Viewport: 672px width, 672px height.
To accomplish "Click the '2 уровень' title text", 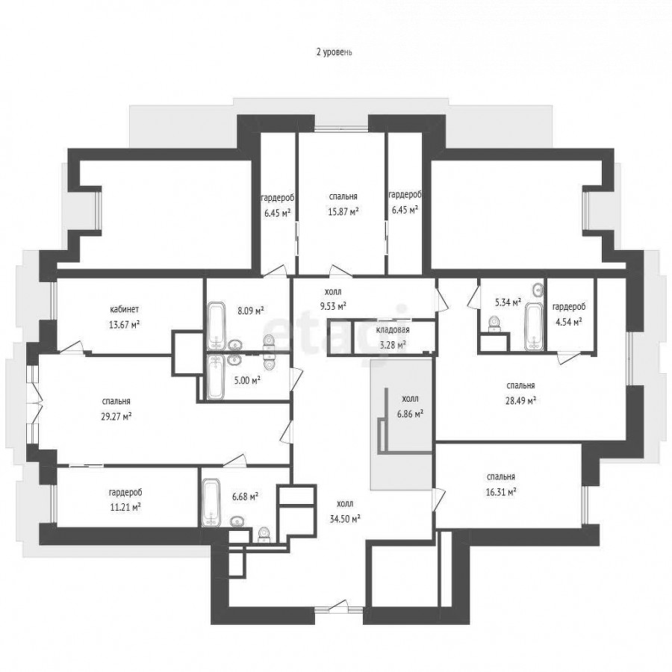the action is pyautogui.click(x=334, y=52).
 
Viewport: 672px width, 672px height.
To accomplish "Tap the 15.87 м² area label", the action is pyautogui.click(x=343, y=211).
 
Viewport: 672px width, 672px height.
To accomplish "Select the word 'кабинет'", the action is pyautogui.click(x=124, y=309).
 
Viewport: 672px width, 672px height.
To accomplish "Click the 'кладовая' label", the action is pyautogui.click(x=393, y=329).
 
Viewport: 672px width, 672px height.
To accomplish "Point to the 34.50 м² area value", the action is pyautogui.click(x=344, y=519).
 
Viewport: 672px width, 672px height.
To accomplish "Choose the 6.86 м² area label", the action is pyautogui.click(x=411, y=414).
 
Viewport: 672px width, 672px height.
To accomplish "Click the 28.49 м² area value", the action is pyautogui.click(x=520, y=401).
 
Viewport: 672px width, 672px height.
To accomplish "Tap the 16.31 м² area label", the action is pyautogui.click(x=500, y=492).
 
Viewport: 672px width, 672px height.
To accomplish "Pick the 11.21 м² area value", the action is pyautogui.click(x=125, y=508).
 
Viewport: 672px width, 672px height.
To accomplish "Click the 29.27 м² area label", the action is pyautogui.click(x=116, y=416).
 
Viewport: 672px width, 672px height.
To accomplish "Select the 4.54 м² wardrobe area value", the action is pyautogui.click(x=569, y=322).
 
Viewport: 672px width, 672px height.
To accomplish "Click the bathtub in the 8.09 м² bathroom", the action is pyautogui.click(x=216, y=326).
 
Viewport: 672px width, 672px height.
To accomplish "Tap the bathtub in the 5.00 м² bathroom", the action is pyautogui.click(x=215, y=377).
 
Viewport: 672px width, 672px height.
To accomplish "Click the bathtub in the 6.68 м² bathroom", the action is pyautogui.click(x=211, y=503).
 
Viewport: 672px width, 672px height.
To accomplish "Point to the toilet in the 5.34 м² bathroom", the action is pyautogui.click(x=495, y=323).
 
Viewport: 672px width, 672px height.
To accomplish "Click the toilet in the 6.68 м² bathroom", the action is pyautogui.click(x=264, y=535).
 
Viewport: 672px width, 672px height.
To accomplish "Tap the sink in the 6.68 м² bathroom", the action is pyautogui.click(x=237, y=522).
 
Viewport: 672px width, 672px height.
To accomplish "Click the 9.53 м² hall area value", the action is pyautogui.click(x=336, y=306).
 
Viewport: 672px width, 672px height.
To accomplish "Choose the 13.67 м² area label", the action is pyautogui.click(x=124, y=325).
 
